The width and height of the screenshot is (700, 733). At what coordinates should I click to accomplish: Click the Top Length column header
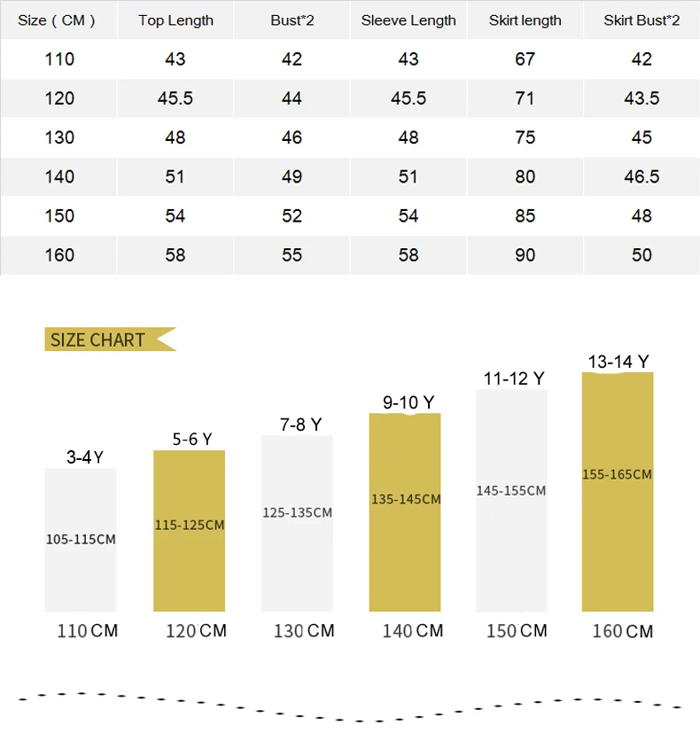click(x=175, y=20)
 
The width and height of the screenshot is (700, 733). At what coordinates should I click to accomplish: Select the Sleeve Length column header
click(x=408, y=20)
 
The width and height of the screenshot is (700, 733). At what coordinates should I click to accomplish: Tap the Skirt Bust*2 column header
click(x=642, y=20)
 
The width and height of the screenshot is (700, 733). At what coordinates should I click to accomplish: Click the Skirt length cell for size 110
click(x=525, y=59)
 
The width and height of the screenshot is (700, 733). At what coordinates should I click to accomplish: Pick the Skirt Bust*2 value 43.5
click(x=642, y=98)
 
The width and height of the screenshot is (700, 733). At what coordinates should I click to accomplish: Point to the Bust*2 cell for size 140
click(x=292, y=176)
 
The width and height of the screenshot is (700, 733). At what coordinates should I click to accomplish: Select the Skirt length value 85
click(x=525, y=216)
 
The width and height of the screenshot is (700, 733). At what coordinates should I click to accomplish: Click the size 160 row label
click(x=59, y=255)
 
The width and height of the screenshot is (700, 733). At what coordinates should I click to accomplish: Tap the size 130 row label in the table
click(x=59, y=138)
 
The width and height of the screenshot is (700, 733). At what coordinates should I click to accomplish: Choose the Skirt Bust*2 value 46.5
click(x=642, y=176)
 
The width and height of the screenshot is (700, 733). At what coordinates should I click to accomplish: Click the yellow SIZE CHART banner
click(x=110, y=339)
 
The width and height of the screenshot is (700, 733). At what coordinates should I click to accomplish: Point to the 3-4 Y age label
click(x=84, y=457)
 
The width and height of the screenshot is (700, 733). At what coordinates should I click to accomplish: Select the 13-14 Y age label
click(x=618, y=362)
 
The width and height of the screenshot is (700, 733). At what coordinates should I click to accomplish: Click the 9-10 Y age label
click(x=408, y=402)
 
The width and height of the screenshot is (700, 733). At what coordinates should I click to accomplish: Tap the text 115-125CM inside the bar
click(x=190, y=526)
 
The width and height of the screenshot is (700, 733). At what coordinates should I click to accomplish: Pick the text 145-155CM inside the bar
click(x=510, y=491)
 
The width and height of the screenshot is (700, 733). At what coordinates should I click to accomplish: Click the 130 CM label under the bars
click(x=304, y=631)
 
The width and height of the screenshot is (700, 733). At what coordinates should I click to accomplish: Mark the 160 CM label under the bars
click(x=622, y=632)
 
